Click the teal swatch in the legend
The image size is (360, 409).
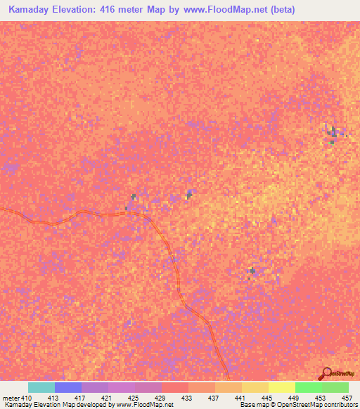coord(41,387)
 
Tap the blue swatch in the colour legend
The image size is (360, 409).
coord(68,387)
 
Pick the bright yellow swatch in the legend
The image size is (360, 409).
coord(282,387)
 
